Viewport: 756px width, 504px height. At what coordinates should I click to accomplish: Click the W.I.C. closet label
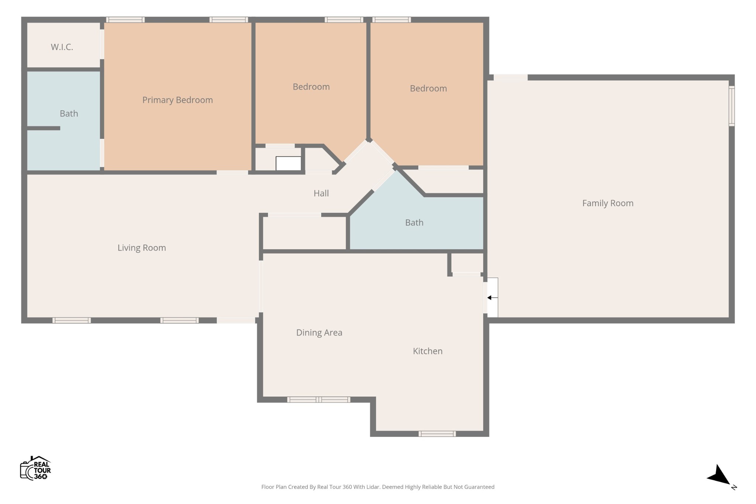[x=62, y=47]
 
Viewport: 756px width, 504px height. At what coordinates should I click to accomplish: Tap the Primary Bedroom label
[x=178, y=100]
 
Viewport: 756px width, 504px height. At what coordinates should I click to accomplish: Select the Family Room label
[x=608, y=203]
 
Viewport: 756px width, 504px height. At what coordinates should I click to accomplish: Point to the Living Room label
[x=142, y=248]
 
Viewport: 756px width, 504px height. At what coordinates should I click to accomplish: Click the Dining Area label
[x=319, y=333]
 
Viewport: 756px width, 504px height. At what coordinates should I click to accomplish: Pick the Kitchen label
[x=427, y=351]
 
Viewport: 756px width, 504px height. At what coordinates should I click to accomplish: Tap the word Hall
[x=321, y=193]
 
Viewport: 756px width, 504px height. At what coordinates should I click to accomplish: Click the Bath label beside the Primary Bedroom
[x=69, y=114]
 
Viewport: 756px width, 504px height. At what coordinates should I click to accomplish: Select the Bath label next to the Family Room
[x=414, y=222]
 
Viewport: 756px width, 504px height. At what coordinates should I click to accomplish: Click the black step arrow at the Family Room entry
[x=492, y=298]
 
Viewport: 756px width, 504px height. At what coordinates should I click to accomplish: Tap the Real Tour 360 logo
[x=35, y=468]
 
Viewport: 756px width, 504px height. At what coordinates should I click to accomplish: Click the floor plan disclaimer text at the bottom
[x=378, y=487]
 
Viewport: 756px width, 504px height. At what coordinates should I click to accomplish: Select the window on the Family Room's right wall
[x=731, y=106]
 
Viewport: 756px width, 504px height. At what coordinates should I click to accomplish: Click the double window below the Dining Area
[x=319, y=400]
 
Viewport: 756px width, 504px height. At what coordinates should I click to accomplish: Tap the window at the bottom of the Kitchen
[x=437, y=434]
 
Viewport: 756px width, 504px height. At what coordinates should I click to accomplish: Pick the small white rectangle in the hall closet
[x=288, y=163]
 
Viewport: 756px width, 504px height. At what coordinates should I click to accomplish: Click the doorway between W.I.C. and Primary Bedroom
[x=102, y=44]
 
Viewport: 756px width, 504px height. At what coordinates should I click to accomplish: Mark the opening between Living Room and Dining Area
[x=261, y=287]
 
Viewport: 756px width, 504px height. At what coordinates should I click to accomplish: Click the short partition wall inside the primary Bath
[x=44, y=128]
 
